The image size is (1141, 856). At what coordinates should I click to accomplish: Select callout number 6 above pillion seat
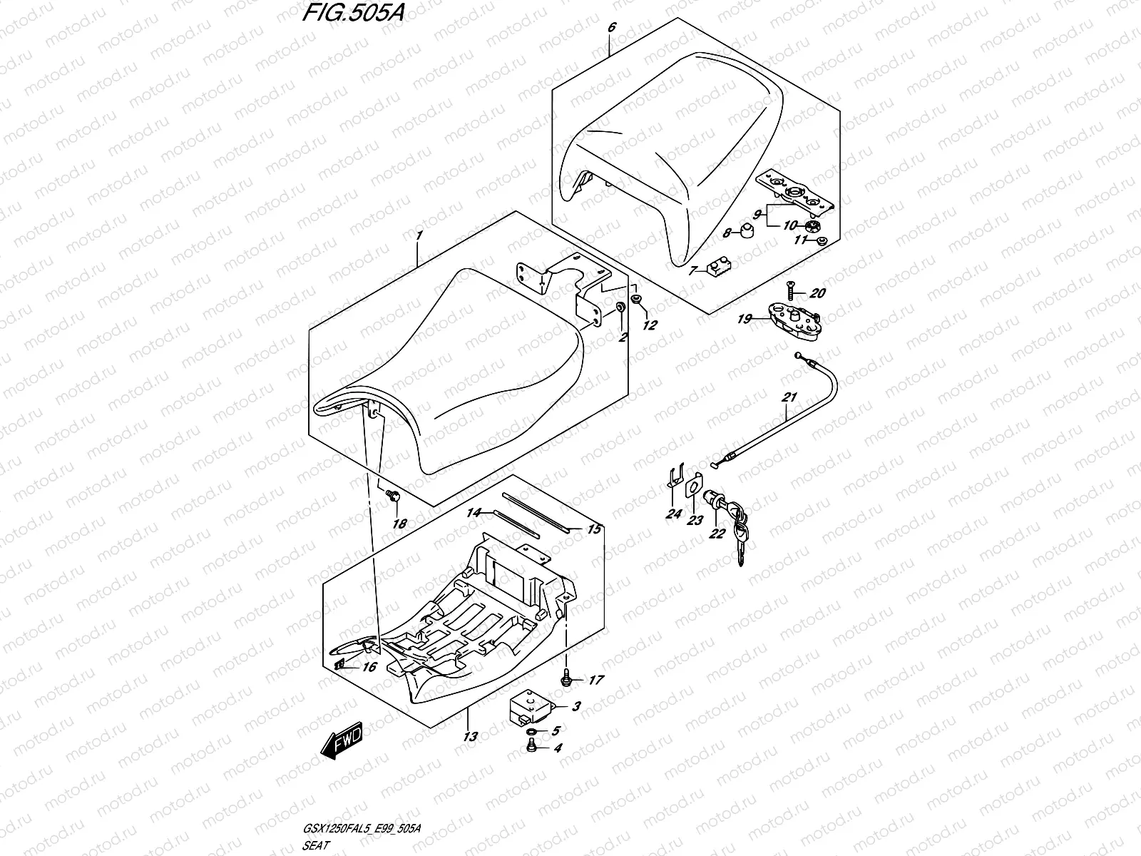(611, 28)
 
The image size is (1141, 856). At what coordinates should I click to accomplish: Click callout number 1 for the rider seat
(420, 236)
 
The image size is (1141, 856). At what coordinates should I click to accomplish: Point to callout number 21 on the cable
(789, 398)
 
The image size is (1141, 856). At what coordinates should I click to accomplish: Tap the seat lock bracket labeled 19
(792, 315)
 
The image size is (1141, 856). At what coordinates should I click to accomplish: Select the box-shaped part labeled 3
(529, 709)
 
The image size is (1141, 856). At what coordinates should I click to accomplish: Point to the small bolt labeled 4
(531, 747)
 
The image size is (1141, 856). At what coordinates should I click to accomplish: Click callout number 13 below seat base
(469, 736)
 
